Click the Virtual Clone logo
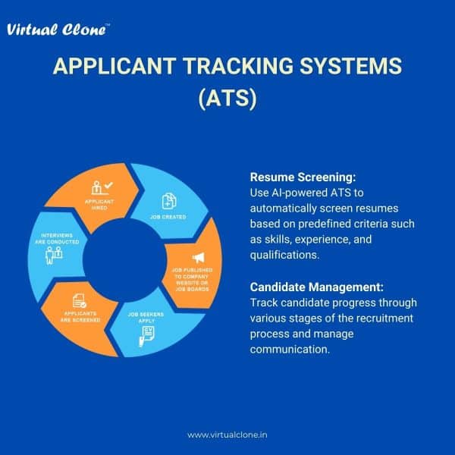(58, 30)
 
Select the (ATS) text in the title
(227, 99)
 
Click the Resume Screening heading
(303, 177)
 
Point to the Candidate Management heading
(316, 287)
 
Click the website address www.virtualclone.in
(227, 435)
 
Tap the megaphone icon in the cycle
(199, 257)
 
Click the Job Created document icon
(169, 201)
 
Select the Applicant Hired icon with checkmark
(102, 188)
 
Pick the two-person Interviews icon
(54, 256)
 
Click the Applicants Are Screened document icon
(79, 301)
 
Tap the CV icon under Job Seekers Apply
(146, 336)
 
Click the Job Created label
(168, 217)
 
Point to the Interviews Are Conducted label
(57, 239)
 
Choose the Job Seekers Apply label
(146, 318)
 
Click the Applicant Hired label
(99, 205)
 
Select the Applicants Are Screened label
(80, 316)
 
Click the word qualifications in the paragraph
(284, 255)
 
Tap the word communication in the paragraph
(290, 350)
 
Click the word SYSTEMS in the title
(350, 66)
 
